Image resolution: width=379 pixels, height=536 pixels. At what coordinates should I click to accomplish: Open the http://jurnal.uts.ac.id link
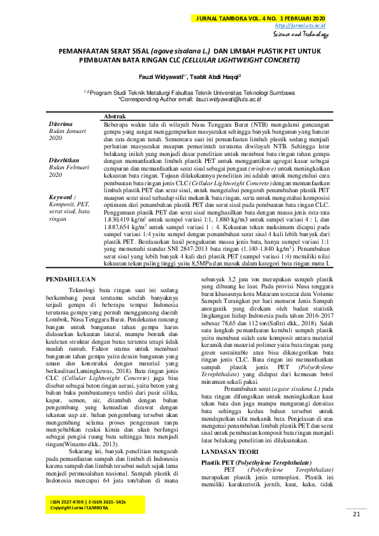[x=300, y=26]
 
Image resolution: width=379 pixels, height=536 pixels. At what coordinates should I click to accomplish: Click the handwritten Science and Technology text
[x=302, y=35]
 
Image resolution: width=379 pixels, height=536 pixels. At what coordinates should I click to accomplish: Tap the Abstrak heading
[x=114, y=117]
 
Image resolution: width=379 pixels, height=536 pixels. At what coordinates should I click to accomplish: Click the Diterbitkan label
[x=65, y=160]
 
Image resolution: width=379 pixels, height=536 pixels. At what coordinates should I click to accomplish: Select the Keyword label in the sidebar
[x=62, y=197]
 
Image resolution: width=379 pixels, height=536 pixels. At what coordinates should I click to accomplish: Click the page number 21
[x=356, y=514]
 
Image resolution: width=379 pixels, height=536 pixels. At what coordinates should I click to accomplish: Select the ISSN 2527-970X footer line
[x=88, y=503]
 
